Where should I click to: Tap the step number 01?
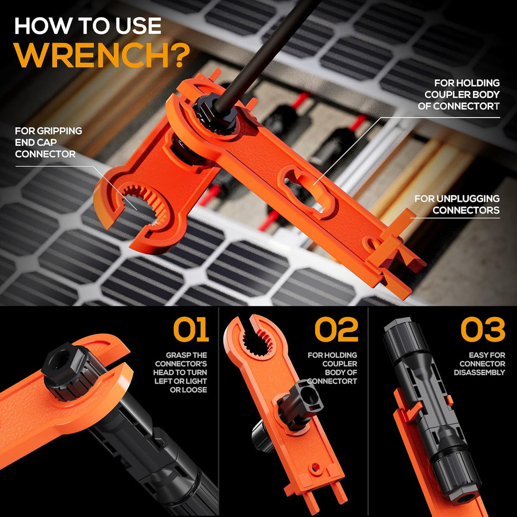pyautogui.click(x=191, y=329)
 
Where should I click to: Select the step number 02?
pyautogui.click(x=336, y=329)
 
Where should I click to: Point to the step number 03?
pyautogui.click(x=483, y=329)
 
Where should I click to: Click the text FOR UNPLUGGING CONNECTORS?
pyautogui.click(x=457, y=204)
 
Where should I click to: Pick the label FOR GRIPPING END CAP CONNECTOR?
pyautogui.click(x=48, y=142)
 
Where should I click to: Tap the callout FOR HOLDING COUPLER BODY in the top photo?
pyautogui.click(x=458, y=94)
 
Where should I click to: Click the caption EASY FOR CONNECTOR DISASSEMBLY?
pyautogui.click(x=480, y=364)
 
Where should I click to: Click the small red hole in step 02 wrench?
pyautogui.click(x=315, y=467)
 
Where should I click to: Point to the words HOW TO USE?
pyautogui.click(x=88, y=26)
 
